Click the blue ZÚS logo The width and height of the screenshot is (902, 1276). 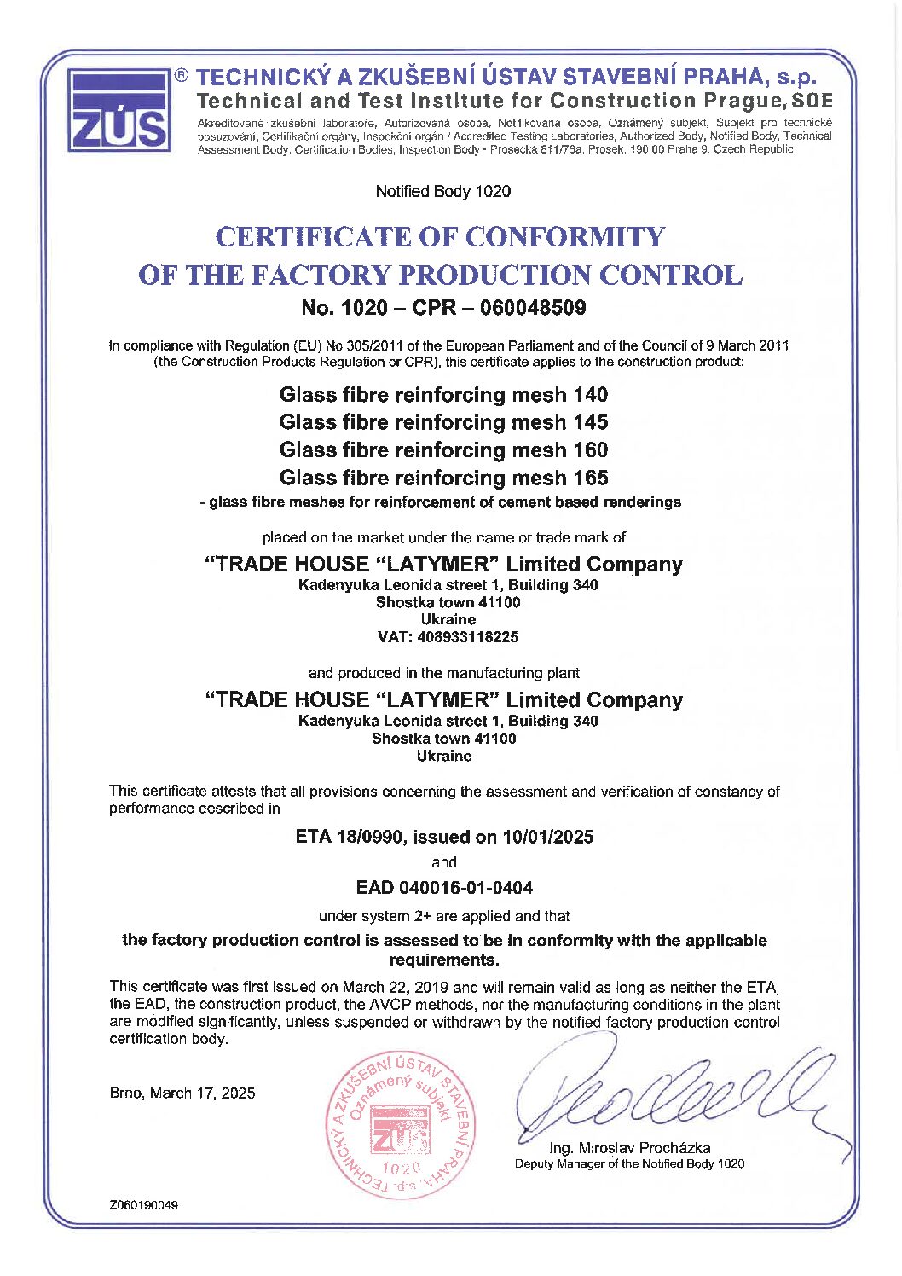tap(119, 111)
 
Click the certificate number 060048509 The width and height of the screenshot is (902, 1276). tap(533, 307)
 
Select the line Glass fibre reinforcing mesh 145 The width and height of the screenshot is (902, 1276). tap(443, 422)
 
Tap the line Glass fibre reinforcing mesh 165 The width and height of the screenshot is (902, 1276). tap(443, 478)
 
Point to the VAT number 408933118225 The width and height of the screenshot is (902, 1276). tap(467, 637)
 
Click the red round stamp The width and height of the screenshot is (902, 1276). tap(401, 1125)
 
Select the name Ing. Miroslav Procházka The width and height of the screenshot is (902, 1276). tap(629, 1148)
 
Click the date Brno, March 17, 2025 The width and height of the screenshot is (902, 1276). tap(182, 1093)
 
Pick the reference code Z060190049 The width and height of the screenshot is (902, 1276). tap(143, 1205)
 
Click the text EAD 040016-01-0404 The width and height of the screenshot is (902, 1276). tap(444, 888)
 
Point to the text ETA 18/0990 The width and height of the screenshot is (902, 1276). tap(348, 837)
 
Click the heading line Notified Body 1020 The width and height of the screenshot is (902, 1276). tap(443, 191)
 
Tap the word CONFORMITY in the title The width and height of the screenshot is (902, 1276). tap(564, 236)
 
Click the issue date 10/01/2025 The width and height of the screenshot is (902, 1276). tap(547, 837)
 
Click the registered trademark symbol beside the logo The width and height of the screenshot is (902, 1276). tap(182, 75)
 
